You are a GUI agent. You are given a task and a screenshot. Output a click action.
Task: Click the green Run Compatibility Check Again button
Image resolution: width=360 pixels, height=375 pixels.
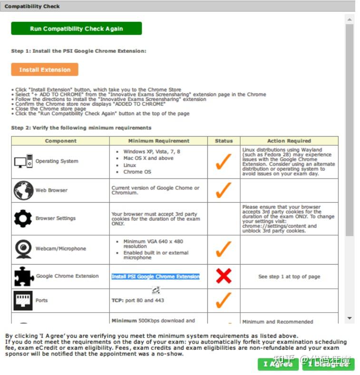[x=76, y=29]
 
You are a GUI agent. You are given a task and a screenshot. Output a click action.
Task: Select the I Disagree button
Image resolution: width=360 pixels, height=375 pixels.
[x=328, y=364]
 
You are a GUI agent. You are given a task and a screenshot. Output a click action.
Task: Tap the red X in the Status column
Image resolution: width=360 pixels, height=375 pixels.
[x=224, y=276]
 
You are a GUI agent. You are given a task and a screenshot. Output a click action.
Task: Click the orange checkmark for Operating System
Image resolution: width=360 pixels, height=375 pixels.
[x=224, y=161]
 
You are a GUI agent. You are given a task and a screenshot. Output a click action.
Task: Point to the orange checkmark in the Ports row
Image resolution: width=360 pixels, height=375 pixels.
[x=224, y=300]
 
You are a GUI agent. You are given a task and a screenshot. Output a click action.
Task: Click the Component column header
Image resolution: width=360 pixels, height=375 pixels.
[x=60, y=141]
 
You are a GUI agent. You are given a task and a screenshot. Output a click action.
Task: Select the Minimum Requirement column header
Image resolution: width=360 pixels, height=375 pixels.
[x=158, y=141]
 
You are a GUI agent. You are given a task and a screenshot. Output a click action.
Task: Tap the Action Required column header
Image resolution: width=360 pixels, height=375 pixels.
[x=289, y=141]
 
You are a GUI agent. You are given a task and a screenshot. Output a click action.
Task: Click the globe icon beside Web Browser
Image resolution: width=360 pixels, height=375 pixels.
[x=23, y=190]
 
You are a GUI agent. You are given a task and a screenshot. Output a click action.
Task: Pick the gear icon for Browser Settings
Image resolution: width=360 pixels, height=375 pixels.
[x=23, y=218]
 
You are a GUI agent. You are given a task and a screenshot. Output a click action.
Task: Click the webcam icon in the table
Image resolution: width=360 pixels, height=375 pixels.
[x=23, y=249]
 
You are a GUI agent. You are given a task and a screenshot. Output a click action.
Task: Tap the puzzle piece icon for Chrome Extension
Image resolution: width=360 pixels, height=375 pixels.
[x=23, y=276]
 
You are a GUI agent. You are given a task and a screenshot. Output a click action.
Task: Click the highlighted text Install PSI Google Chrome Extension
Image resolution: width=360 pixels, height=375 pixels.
[x=156, y=276]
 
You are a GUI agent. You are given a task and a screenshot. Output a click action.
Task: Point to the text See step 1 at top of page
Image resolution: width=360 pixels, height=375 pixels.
[x=289, y=276]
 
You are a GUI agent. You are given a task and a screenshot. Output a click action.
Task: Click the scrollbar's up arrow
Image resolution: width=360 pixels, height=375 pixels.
[x=350, y=20]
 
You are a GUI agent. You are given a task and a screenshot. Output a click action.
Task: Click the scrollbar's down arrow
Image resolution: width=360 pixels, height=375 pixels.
[x=350, y=318]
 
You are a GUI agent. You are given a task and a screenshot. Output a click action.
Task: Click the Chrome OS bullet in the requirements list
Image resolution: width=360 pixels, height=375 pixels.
[x=137, y=172]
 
